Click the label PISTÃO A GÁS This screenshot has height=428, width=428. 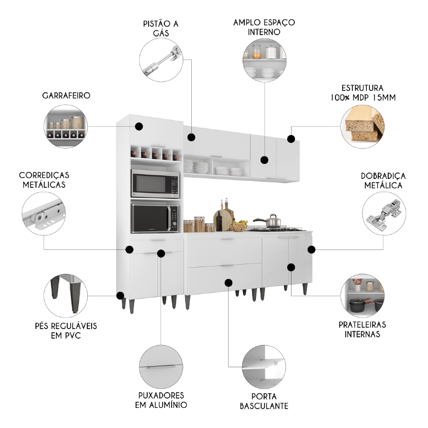pyautogui.click(x=160, y=28)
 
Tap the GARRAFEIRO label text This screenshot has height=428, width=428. pyautogui.click(x=66, y=95)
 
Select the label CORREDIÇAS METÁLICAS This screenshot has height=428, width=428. pyautogui.click(x=44, y=180)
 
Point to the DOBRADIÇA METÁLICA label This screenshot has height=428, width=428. pyautogui.click(x=383, y=181)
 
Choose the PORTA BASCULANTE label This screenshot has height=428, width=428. pyautogui.click(x=264, y=401)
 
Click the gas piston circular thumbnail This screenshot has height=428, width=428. pyautogui.click(x=161, y=59)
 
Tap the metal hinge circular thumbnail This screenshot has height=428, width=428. pyautogui.click(x=383, y=214)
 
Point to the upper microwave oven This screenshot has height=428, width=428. pyautogui.click(x=155, y=184)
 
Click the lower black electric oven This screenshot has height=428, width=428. pyautogui.click(x=155, y=218)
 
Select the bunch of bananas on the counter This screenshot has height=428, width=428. pyautogui.click(x=240, y=223)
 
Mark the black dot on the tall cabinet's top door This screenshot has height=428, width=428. pyautogui.click(x=139, y=126)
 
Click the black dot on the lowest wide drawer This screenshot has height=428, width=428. pyautogui.click(x=229, y=282)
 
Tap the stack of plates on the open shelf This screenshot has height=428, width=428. pyautogui.click(x=189, y=166)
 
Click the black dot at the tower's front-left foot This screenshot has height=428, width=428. pyautogui.click(x=120, y=295)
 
